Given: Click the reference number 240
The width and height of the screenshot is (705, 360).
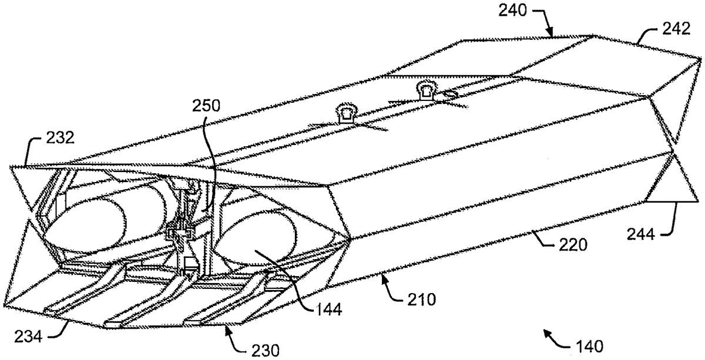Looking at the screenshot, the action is [x=513, y=11].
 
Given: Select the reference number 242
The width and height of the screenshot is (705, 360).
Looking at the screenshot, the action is [x=676, y=29].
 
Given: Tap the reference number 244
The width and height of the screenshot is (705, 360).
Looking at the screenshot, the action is [x=641, y=234].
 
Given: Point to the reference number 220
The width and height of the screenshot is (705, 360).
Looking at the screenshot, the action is [x=573, y=245].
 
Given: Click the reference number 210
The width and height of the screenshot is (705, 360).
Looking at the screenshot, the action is [x=421, y=300].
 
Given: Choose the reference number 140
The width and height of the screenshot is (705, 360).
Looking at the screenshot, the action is [x=589, y=346].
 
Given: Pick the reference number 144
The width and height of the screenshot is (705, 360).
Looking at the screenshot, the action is [x=327, y=309].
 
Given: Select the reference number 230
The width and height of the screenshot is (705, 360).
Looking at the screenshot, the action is [x=265, y=351].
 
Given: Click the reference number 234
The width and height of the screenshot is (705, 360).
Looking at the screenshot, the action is [x=28, y=337].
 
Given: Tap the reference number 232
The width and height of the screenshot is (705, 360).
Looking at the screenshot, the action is [x=60, y=137].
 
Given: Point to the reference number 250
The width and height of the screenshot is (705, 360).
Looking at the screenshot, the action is [x=206, y=106].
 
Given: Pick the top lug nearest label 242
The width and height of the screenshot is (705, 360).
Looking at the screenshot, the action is [x=427, y=90].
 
